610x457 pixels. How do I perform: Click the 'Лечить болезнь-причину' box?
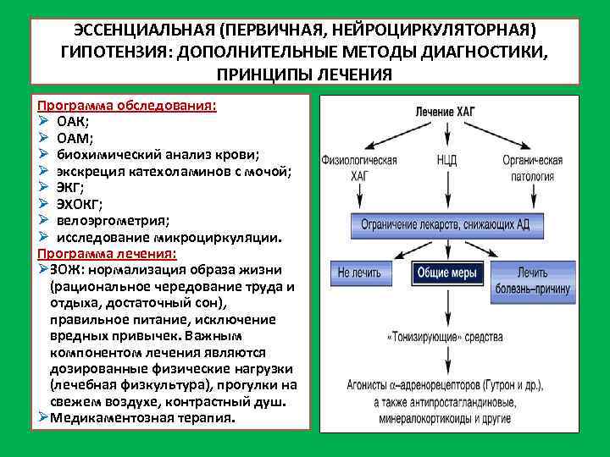tap(532, 280)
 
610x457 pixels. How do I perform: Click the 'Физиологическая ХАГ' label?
tap(359, 168)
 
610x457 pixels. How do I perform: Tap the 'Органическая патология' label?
tap(532, 168)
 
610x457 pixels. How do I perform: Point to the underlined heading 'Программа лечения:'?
tap(107, 254)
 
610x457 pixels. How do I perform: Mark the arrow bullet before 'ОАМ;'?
tap(42, 138)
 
